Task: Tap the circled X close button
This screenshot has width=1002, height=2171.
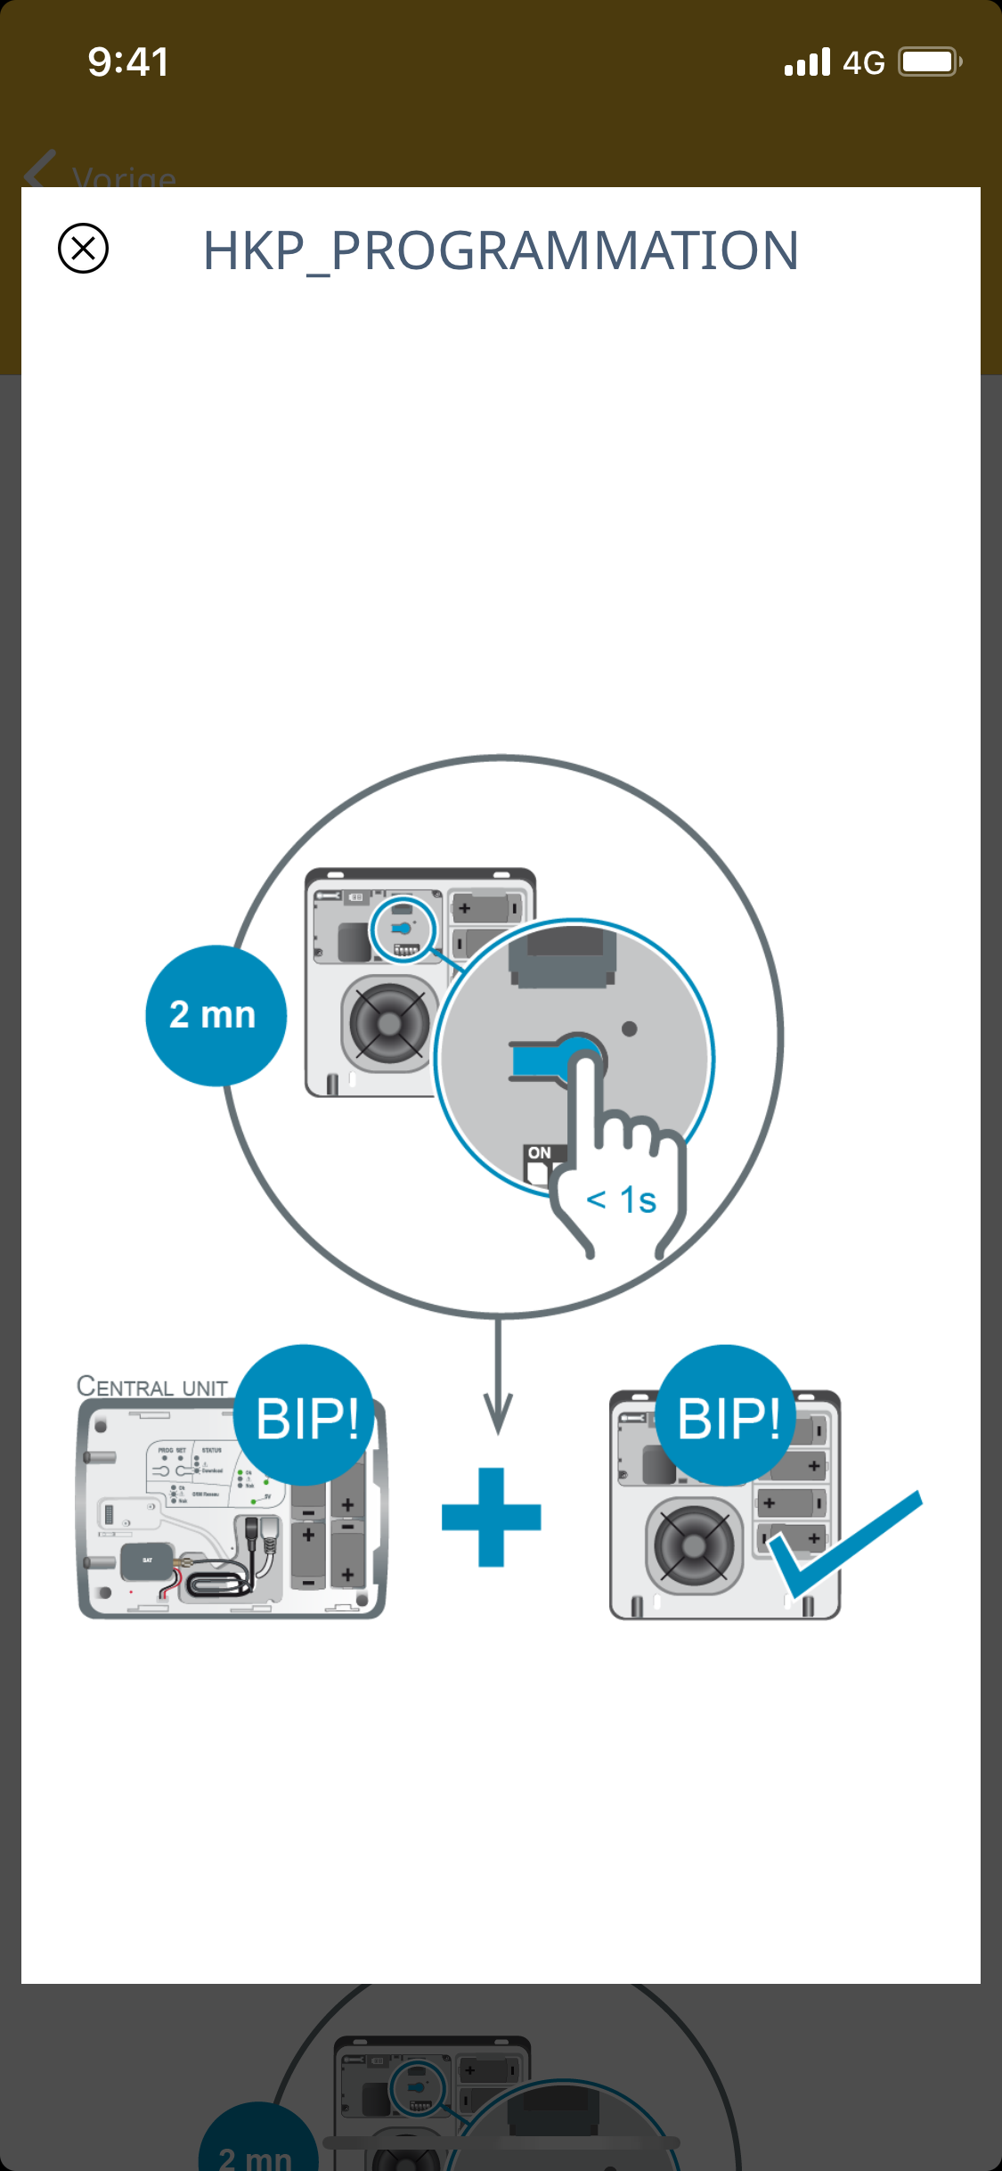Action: (83, 248)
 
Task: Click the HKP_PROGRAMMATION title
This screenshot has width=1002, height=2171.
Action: (501, 250)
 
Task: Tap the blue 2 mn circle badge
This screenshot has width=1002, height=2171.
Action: (215, 1015)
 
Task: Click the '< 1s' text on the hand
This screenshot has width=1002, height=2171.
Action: (622, 1200)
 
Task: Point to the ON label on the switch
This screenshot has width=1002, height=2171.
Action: (539, 1152)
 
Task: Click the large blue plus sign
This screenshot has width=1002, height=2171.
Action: (492, 1517)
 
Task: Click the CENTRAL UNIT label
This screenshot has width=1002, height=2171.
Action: (152, 1387)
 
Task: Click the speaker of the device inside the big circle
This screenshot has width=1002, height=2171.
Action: (388, 1023)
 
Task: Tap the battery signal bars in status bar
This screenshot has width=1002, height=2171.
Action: (807, 62)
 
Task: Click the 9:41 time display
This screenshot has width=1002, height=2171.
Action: (128, 62)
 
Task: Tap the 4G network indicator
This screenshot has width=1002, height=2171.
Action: (863, 63)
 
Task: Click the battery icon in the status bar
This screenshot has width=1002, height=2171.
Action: (930, 62)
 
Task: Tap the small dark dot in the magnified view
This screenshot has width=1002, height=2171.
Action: (629, 1029)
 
